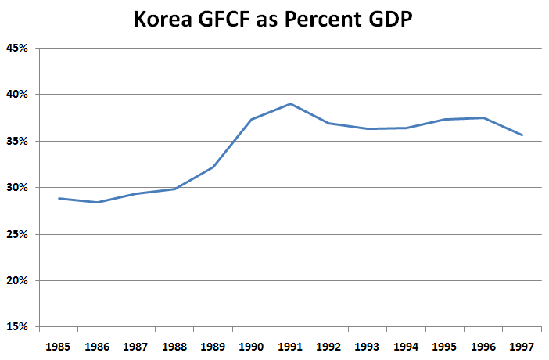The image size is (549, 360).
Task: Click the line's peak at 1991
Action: [290, 103]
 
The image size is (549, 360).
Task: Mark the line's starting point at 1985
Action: [59, 198]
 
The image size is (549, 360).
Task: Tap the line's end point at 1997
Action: [522, 135]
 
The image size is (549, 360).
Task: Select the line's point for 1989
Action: [213, 167]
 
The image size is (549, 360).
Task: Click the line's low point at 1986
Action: [98, 202]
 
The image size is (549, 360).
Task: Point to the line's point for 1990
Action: [252, 119]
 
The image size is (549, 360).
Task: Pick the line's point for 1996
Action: [483, 117]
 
